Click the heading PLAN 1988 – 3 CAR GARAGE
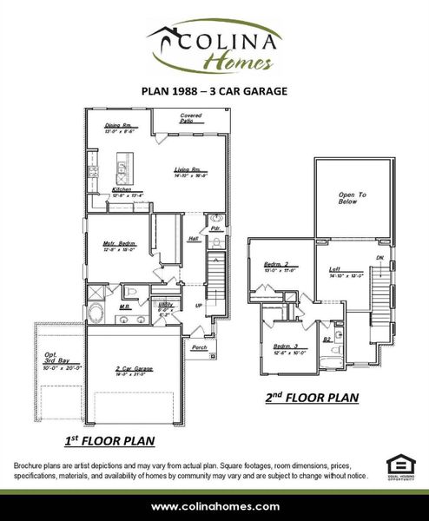214,89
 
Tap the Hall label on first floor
193,238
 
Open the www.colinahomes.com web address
214,506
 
